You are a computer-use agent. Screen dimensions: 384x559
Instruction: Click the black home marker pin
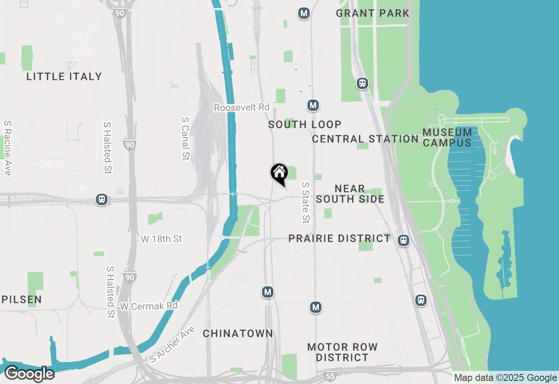pyautogui.click(x=279, y=174)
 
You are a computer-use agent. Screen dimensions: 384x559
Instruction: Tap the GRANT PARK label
pyautogui.click(x=373, y=13)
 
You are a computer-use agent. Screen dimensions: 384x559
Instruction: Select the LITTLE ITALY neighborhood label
pyautogui.click(x=64, y=76)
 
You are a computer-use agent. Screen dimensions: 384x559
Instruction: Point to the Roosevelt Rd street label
pyautogui.click(x=242, y=107)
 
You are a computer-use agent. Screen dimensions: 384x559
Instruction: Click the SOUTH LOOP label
pyautogui.click(x=305, y=124)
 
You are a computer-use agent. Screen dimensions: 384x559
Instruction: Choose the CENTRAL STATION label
pyautogui.click(x=365, y=139)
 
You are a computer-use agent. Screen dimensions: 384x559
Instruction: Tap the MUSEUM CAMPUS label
pyautogui.click(x=447, y=137)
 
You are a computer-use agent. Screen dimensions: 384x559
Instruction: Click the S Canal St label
pyautogui.click(x=186, y=138)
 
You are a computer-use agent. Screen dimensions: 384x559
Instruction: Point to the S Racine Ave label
pyautogui.click(x=7, y=148)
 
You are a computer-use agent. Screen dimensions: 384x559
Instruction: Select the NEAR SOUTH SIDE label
pyautogui.click(x=350, y=194)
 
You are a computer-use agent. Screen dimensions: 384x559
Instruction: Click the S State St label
pyautogui.click(x=305, y=202)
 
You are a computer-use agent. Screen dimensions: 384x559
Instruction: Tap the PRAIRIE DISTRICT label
pyautogui.click(x=339, y=238)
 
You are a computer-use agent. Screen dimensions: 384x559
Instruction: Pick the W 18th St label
pyautogui.click(x=161, y=239)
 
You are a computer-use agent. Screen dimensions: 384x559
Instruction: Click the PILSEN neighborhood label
pyautogui.click(x=21, y=299)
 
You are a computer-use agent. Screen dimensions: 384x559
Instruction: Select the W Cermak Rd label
pyautogui.click(x=149, y=306)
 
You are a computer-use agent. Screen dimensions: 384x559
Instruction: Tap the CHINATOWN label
pyautogui.click(x=238, y=333)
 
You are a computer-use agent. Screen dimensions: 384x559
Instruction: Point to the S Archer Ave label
pyautogui.click(x=172, y=343)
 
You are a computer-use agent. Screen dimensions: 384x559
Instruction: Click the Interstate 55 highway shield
pyautogui.click(x=331, y=375)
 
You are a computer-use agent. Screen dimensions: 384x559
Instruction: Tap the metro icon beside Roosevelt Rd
pyautogui.click(x=312, y=105)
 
